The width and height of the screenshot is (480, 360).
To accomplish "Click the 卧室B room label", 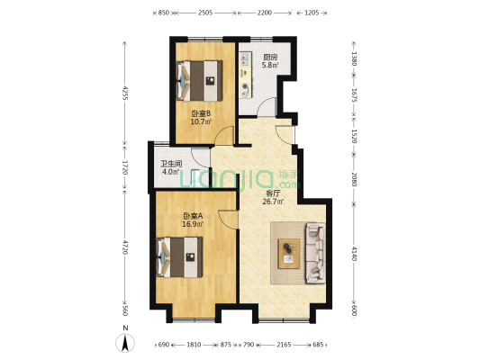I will (201, 113).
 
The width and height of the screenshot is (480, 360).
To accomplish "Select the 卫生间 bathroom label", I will (171, 164).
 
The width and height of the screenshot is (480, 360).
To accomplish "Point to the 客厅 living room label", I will (270, 193).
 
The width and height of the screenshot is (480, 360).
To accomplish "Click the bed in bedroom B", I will (201, 80).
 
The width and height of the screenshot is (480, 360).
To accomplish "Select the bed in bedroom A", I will (183, 256).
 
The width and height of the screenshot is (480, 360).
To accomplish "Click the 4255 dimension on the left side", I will (125, 94).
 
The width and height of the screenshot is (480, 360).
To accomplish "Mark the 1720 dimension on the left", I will (125, 166).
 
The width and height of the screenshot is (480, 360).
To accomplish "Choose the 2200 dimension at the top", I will (264, 13).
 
